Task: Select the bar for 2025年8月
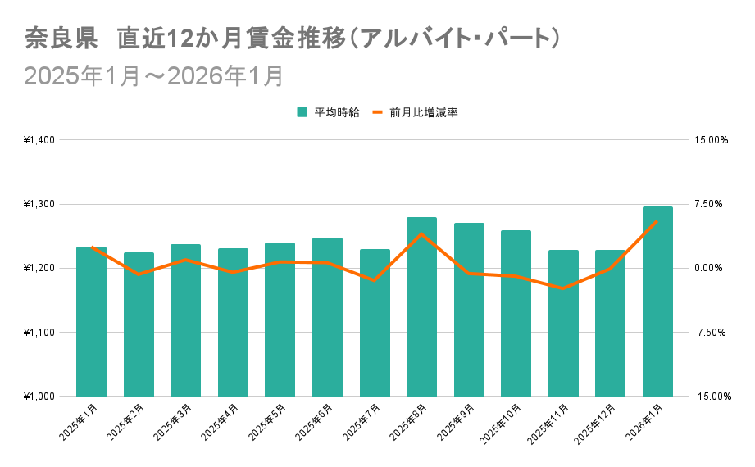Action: (421, 307)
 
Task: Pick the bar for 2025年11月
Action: (563, 324)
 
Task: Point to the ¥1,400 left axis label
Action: (39, 140)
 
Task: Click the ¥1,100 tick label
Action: (39, 333)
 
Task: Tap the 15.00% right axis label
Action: (711, 140)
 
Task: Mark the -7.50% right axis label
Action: (710, 333)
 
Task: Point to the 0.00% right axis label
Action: (711, 269)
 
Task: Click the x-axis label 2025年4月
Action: (224, 419)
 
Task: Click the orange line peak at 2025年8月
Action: (421, 234)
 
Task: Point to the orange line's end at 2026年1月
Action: (657, 220)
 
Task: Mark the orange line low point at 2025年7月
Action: (375, 280)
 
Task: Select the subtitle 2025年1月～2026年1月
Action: (154, 75)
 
